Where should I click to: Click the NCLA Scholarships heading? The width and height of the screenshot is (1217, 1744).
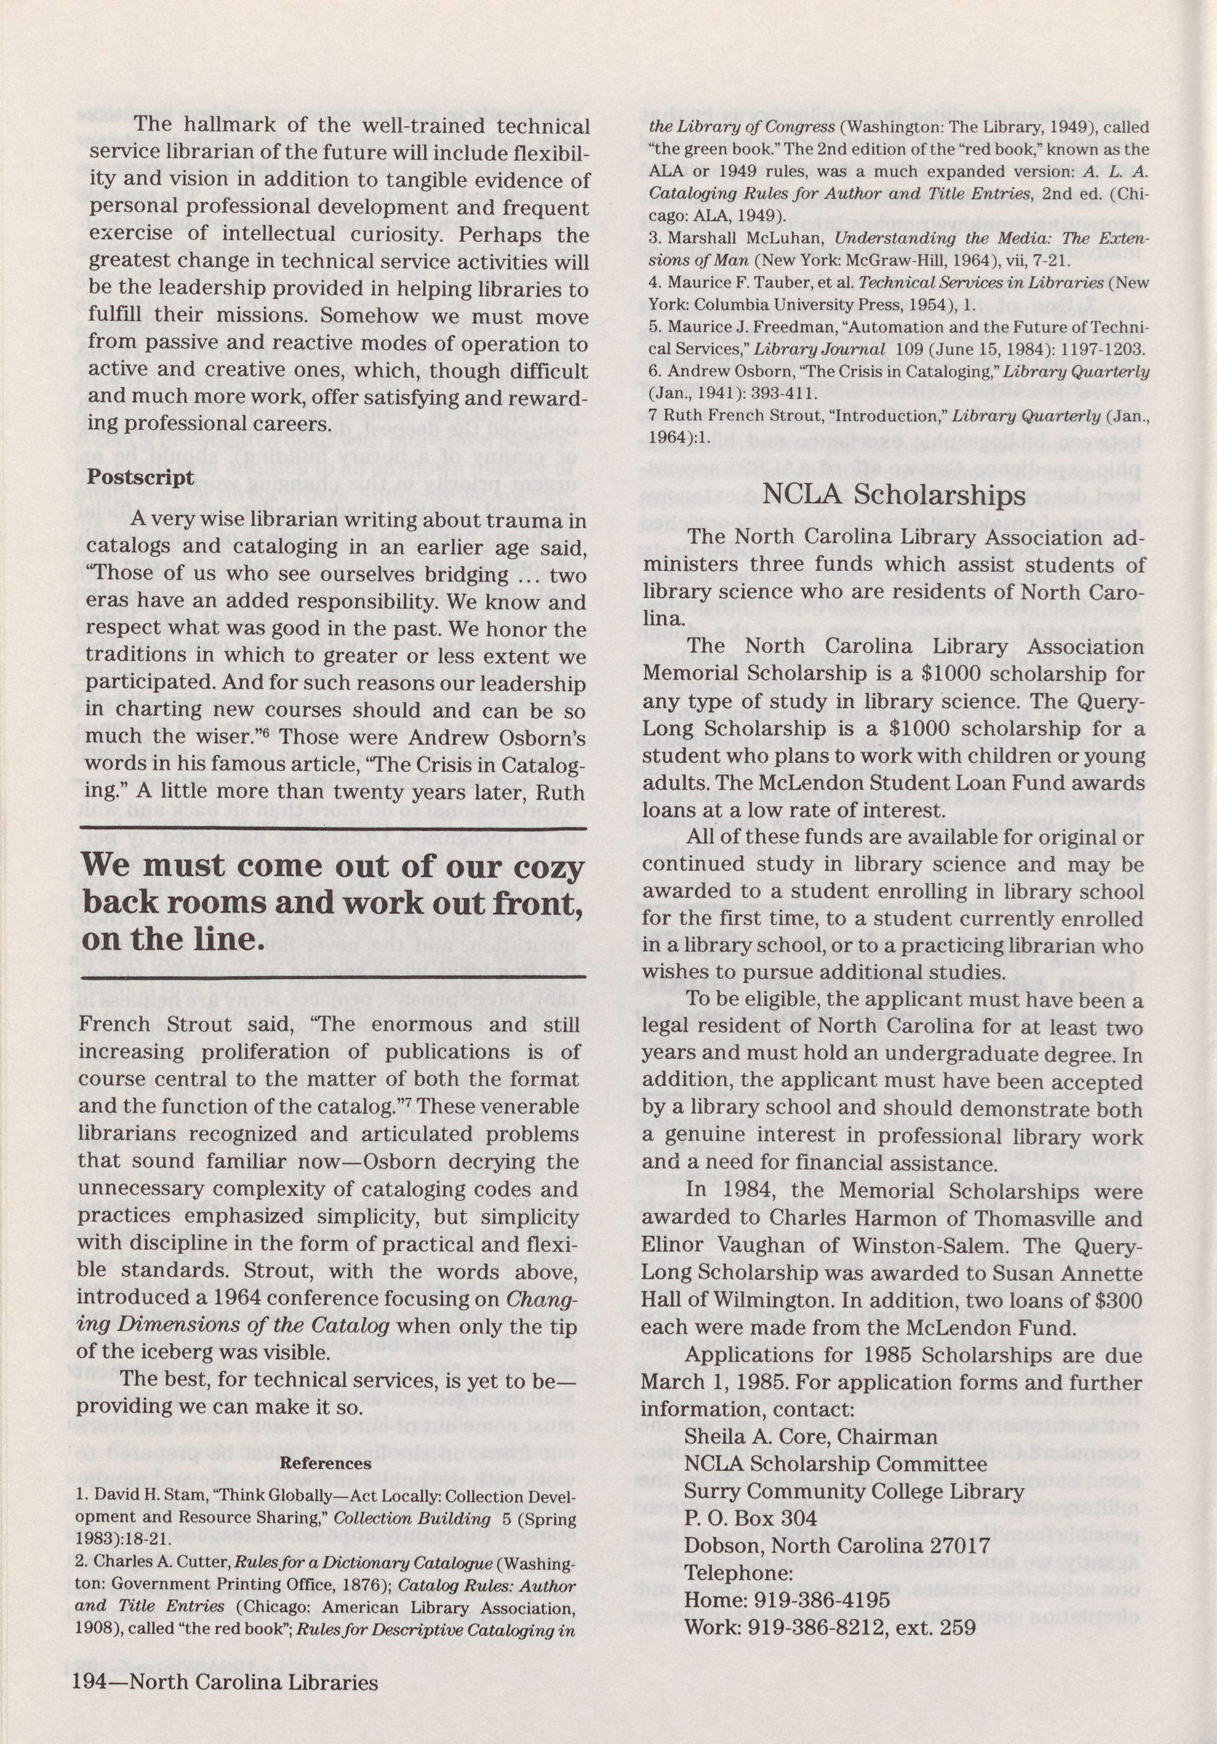[893, 495]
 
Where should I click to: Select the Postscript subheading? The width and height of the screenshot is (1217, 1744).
[141, 477]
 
